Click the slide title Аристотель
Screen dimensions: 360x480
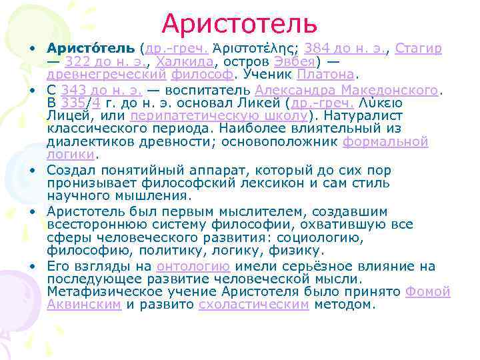[239, 24]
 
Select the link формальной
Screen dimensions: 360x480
[376, 141]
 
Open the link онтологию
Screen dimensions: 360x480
[194, 267]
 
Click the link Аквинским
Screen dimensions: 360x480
[85, 305]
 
